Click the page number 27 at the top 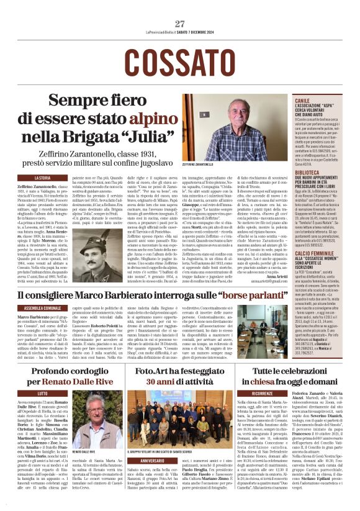point(180,24)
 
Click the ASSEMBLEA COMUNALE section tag point(42,307)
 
